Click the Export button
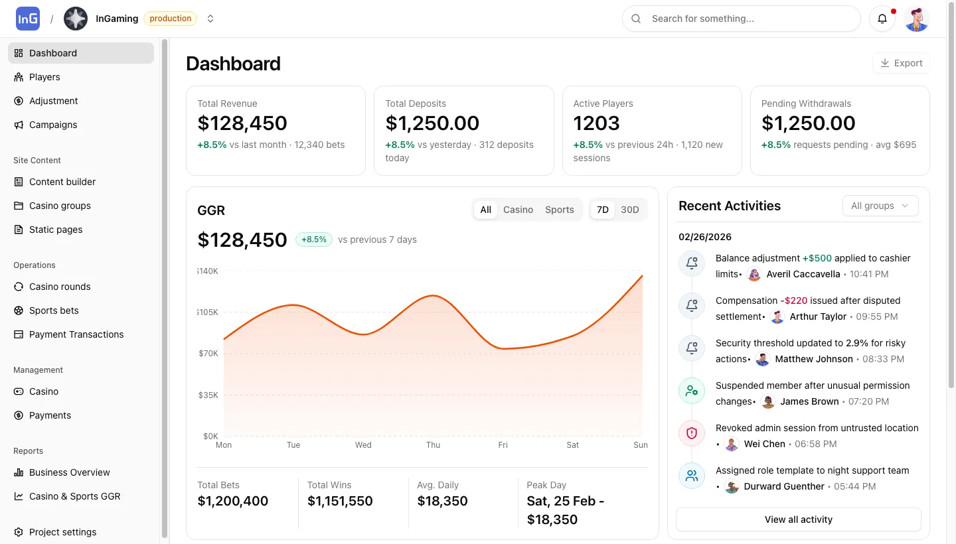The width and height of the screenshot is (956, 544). click(901, 63)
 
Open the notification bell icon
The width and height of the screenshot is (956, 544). click(882, 19)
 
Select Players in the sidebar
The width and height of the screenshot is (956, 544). click(44, 77)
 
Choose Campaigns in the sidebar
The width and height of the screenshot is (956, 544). click(53, 125)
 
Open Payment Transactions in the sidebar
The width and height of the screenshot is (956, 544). click(76, 334)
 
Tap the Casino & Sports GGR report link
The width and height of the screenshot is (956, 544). click(74, 496)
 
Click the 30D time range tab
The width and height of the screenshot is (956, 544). click(629, 210)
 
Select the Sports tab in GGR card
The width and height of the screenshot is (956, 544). click(559, 210)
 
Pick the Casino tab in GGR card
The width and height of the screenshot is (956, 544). click(518, 210)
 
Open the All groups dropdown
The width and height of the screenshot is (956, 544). click(880, 206)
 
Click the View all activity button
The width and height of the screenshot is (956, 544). click(798, 519)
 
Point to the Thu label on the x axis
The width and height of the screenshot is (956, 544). click(433, 445)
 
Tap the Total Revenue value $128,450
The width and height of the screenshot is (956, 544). click(242, 123)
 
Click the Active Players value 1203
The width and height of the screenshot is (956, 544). click(596, 123)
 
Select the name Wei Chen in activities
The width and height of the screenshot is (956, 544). click(764, 444)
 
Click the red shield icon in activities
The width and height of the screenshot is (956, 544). click(691, 433)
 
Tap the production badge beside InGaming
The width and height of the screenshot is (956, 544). click(170, 19)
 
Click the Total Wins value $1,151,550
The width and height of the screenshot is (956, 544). click(340, 501)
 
